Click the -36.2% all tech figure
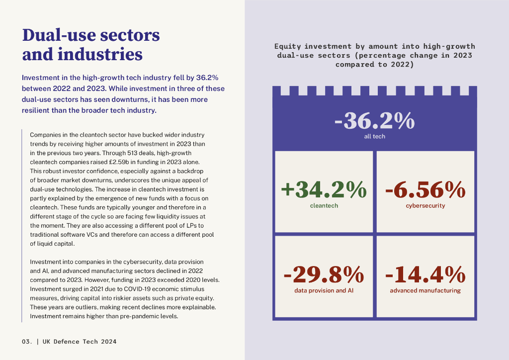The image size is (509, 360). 374,121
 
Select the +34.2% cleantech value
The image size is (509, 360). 324,190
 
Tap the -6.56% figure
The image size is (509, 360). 425,190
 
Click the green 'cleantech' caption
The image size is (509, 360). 324,205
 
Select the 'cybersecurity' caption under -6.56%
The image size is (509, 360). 425,205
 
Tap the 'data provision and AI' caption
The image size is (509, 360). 324,290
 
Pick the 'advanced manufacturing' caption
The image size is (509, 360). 425,290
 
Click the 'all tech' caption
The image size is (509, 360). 374,136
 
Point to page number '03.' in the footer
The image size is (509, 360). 27,342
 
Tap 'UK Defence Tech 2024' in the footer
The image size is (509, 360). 80,342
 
